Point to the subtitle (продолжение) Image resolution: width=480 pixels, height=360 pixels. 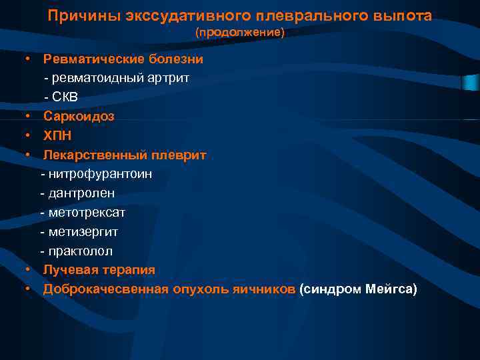pyautogui.click(x=239, y=32)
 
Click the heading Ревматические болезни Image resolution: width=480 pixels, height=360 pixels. pyautogui.click(x=123, y=59)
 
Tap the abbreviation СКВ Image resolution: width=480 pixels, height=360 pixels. pyautogui.click(x=65, y=97)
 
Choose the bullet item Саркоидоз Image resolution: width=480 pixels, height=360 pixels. pyautogui.click(x=79, y=116)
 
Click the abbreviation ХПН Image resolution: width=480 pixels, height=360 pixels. pyautogui.click(x=57, y=135)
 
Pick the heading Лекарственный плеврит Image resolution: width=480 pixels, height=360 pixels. pyautogui.click(x=125, y=155)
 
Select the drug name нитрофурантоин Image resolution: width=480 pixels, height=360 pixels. pyautogui.click(x=100, y=174)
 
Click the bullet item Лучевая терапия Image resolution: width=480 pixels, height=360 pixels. pyautogui.click(x=99, y=270)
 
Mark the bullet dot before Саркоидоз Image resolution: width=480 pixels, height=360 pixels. pyautogui.click(x=29, y=116)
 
